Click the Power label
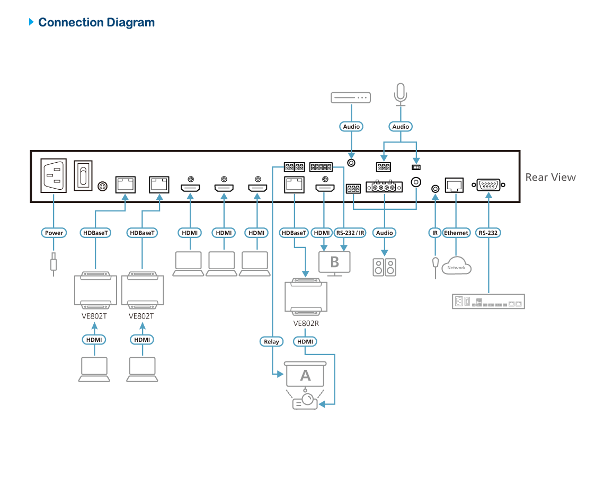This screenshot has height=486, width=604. tap(54, 233)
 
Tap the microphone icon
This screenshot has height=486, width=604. tap(401, 94)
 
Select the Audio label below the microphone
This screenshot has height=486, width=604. tap(401, 127)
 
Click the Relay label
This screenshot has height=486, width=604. tap(271, 342)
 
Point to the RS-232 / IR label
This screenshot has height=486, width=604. tap(351, 233)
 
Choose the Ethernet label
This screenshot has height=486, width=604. tap(456, 233)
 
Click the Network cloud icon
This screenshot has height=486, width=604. tap(456, 266)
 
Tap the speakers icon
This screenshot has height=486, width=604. tap(385, 267)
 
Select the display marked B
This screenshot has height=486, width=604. tap(334, 262)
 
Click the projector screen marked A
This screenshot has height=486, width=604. tap(305, 375)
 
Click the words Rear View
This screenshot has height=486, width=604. tap(550, 177)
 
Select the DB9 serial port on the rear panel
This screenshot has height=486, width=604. tap(488, 185)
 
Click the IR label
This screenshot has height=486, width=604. tap(435, 233)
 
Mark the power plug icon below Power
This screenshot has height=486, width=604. tap(54, 262)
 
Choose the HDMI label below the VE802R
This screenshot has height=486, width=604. tap(305, 342)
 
